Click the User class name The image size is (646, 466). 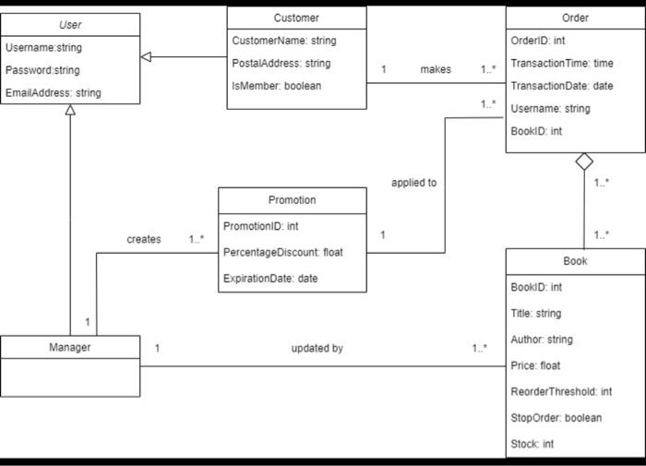pyautogui.click(x=70, y=25)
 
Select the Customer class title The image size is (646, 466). pyautogui.click(x=296, y=18)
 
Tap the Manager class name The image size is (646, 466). pyautogui.click(x=69, y=348)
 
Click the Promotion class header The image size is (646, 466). pyautogui.click(x=292, y=200)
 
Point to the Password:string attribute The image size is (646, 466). pyautogui.click(x=42, y=70)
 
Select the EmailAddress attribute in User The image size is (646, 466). pyautogui.click(x=54, y=93)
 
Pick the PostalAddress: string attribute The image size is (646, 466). pyautogui.click(x=281, y=64)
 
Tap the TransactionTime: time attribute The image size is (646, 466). pyautogui.click(x=562, y=63)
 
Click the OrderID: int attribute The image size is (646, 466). pyautogui.click(x=538, y=41)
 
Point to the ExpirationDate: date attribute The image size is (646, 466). pyautogui.click(x=270, y=278)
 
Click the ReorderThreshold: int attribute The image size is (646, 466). pyautogui.click(x=561, y=392)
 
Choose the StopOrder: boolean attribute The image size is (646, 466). pyautogui.click(x=556, y=418)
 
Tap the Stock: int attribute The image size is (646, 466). pyautogui.click(x=532, y=444)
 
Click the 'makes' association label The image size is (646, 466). pyautogui.click(x=436, y=69)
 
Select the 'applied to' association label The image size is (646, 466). pyautogui.click(x=413, y=183)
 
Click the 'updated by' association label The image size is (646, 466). pyautogui.click(x=317, y=348)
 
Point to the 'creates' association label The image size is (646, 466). pyautogui.click(x=143, y=239)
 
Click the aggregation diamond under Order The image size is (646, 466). pyautogui.click(x=583, y=161)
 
